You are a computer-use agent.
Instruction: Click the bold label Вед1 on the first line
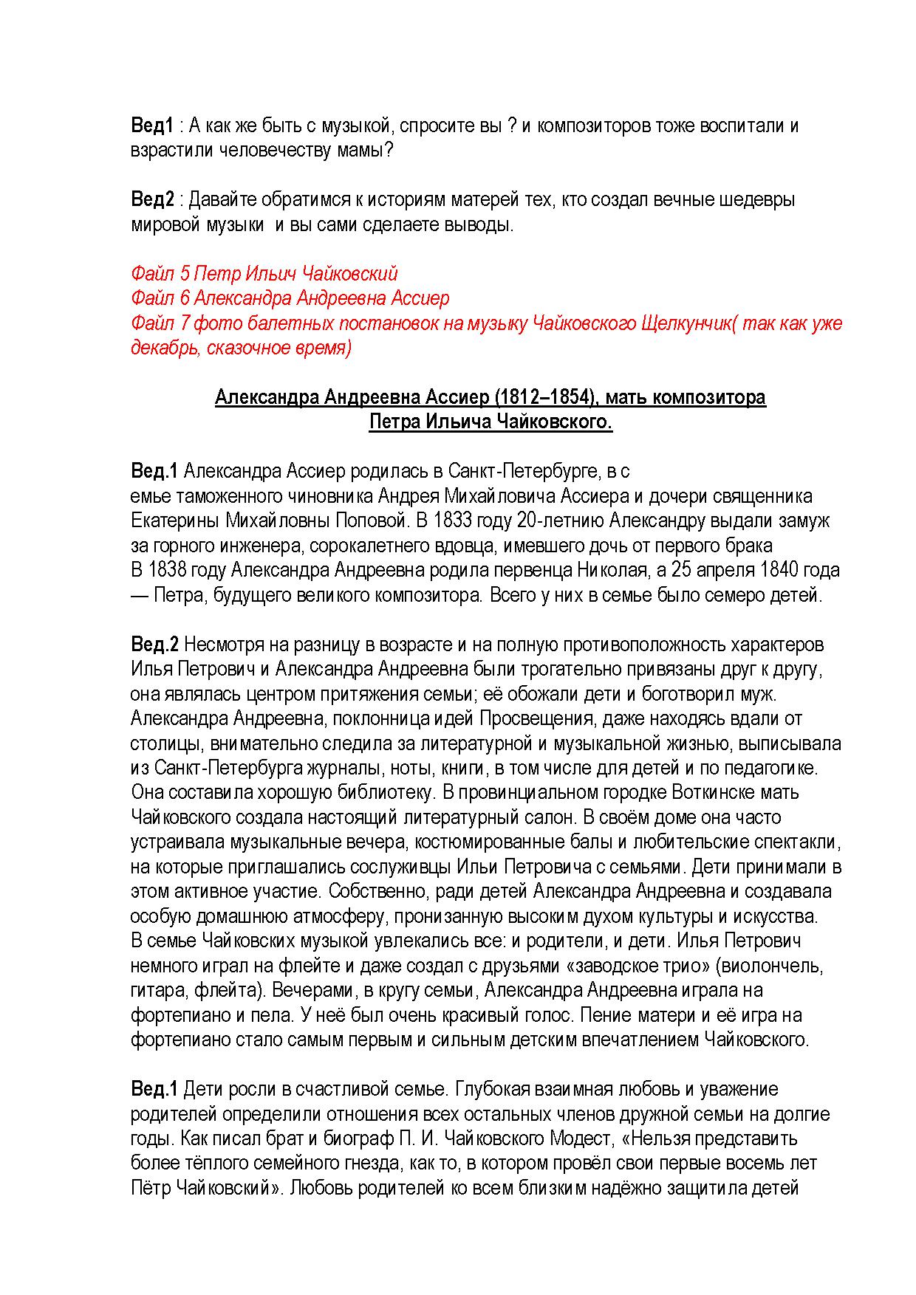(151, 126)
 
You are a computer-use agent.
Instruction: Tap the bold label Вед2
(152, 199)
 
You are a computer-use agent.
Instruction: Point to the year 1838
(169, 570)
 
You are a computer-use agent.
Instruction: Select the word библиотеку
(382, 792)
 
